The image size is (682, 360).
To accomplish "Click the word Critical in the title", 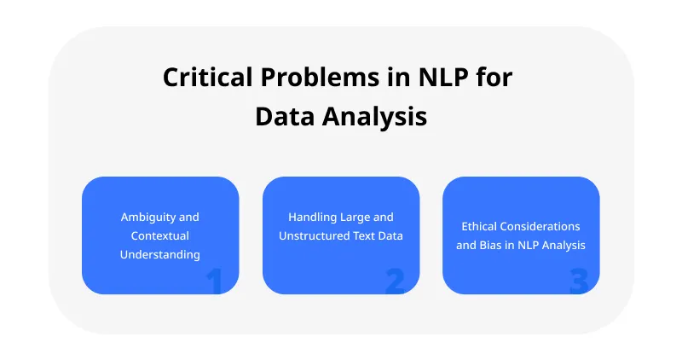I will [x=200, y=78].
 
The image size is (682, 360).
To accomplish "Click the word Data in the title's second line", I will [x=285, y=116].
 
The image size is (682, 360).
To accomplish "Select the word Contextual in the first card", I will [x=160, y=235].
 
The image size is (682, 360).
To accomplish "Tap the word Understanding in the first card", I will [x=160, y=254].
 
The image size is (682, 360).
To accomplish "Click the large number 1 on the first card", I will [x=214, y=281].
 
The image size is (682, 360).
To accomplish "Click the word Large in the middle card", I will [x=353, y=218].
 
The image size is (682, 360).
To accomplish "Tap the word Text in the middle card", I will [x=365, y=235].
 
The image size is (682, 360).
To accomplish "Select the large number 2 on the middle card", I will [x=395, y=281].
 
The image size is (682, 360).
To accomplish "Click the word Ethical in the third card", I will [x=480, y=227].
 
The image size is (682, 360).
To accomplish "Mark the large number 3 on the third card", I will [x=578, y=281].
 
